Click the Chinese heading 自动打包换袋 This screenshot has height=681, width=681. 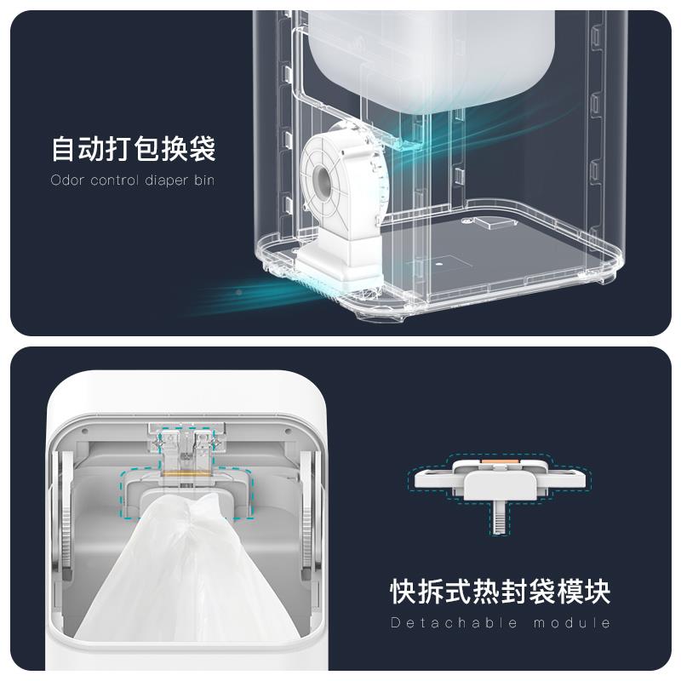click(134, 149)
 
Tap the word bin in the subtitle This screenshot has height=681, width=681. click(203, 180)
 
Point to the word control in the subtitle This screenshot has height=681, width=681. click(113, 180)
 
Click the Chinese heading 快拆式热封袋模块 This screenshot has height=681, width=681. click(500, 591)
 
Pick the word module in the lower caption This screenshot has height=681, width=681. click(572, 623)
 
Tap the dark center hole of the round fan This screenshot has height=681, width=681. click(323, 178)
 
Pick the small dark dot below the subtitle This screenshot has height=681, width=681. click(238, 292)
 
